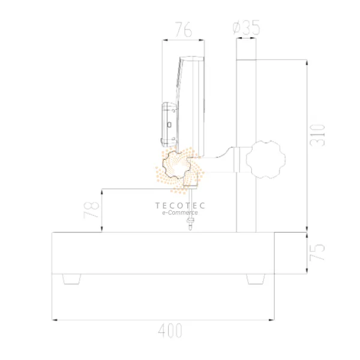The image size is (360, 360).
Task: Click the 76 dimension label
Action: point(183,29)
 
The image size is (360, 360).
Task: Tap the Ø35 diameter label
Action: point(246,28)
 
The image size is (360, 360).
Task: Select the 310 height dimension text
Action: point(317,135)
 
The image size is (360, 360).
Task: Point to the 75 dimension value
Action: point(317,252)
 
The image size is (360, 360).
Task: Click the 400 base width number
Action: point(170,331)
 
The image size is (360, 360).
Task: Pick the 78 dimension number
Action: point(91,210)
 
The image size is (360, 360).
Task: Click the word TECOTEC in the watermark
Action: point(180,205)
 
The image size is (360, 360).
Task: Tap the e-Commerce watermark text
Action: point(180,212)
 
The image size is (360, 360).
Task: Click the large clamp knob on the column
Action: point(266,160)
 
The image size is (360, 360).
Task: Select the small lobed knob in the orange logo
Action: point(176,164)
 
